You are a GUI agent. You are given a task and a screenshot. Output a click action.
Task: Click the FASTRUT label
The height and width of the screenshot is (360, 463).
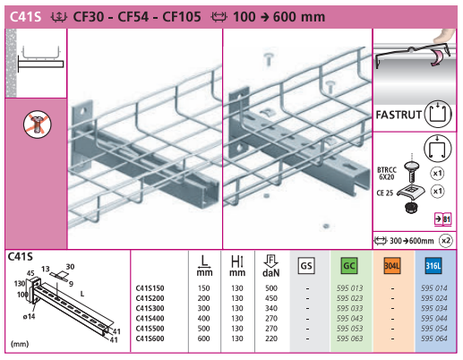pos(399,115)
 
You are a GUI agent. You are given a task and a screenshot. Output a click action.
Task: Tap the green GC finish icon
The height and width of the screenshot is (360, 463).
pos(349,266)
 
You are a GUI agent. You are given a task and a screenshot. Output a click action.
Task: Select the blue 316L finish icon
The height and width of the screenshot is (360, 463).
pos(433,266)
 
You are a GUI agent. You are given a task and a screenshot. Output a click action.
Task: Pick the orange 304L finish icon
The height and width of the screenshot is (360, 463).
pos(391,266)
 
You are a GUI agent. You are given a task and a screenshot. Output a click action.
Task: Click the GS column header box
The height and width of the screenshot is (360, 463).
pos(306,266)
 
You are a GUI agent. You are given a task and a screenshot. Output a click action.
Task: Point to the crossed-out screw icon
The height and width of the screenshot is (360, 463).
pos(38,124)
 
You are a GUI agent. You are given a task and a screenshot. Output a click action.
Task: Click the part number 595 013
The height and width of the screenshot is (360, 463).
pos(349,288)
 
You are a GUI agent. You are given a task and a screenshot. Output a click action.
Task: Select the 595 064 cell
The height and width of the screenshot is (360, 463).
pos(434,339)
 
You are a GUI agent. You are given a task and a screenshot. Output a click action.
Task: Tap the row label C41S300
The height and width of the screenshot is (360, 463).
pos(150,308)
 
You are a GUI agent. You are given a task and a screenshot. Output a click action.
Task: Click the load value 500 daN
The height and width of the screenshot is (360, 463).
pos(271,288)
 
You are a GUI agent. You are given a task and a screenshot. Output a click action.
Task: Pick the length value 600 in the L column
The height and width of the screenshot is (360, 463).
pos(203,339)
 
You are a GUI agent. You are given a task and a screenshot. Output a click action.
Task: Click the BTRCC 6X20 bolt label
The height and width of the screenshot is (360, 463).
pos(387,174)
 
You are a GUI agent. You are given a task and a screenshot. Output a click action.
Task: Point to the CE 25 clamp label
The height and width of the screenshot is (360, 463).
pos(385,193)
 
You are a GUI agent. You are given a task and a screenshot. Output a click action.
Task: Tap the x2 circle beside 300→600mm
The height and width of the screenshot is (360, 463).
pos(446,241)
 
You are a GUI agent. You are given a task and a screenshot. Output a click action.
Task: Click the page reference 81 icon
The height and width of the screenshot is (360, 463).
pos(443,219)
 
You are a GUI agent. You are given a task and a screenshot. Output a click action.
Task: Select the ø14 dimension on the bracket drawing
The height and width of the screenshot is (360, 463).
pos(29,316)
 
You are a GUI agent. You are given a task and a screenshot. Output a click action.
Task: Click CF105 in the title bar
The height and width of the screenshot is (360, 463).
pos(182,17)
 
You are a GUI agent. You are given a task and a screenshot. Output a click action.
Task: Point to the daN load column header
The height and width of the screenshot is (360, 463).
pos(271,266)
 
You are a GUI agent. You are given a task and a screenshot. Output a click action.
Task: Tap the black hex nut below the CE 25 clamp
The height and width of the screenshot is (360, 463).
pos(411,207)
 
